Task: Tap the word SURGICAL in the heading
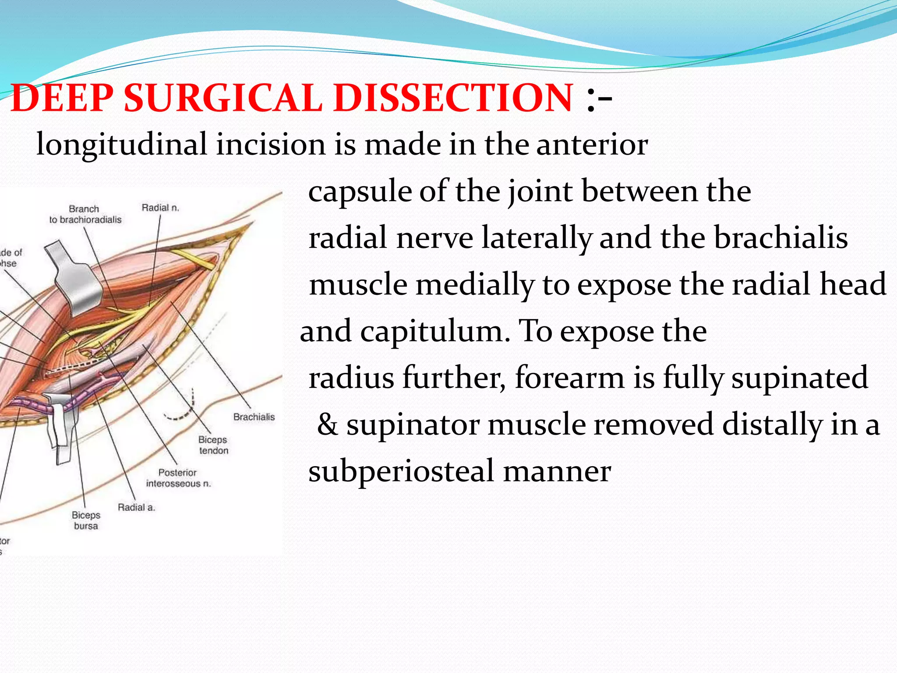pyautogui.click(x=223, y=98)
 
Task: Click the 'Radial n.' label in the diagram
pyautogui.click(x=160, y=208)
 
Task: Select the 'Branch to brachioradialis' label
pyautogui.click(x=85, y=214)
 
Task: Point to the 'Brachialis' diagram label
pyautogui.click(x=254, y=417)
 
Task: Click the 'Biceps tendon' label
pyautogui.click(x=213, y=445)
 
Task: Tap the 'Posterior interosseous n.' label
pyautogui.click(x=178, y=478)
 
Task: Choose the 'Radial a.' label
pyautogui.click(x=136, y=507)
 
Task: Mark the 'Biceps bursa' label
pyautogui.click(x=86, y=520)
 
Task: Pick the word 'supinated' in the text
pyautogui.click(x=799, y=378)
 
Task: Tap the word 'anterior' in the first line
pyautogui.click(x=592, y=145)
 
